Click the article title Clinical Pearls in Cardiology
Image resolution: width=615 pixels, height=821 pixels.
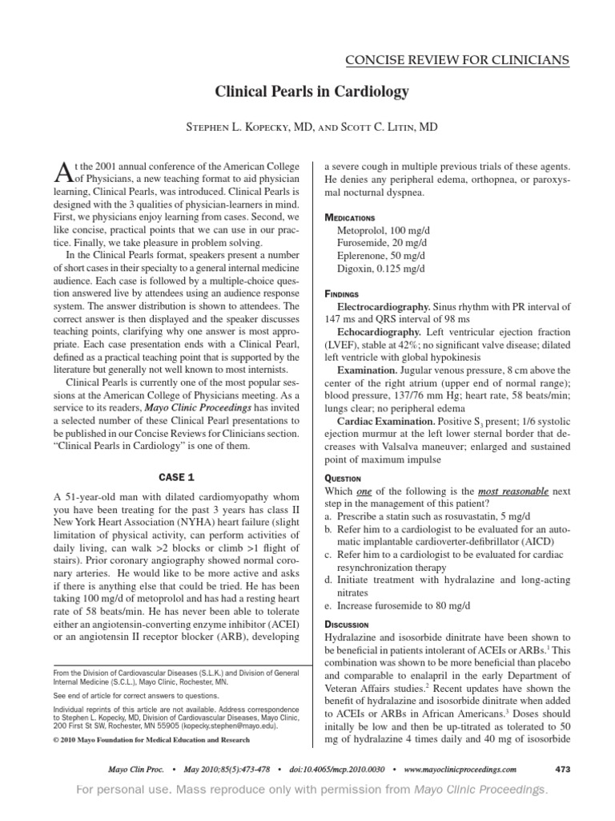pos(312,92)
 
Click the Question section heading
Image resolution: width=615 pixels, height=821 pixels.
pos(343,478)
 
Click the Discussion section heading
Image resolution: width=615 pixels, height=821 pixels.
pos(346,623)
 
